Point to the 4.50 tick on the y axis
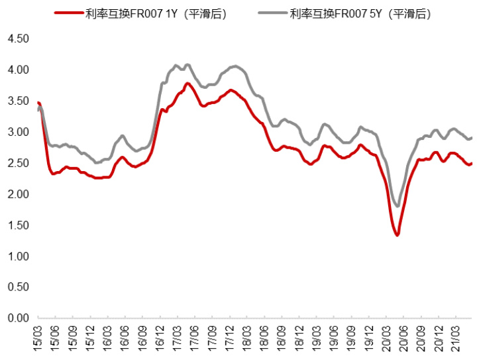pos(18,39)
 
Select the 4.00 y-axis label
pos(18,70)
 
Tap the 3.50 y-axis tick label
pos(18,101)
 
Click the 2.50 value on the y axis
pos(18,163)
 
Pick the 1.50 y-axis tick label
pos(18,225)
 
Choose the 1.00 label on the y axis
pos(18,257)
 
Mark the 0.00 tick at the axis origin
pos(18,319)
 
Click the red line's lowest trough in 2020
pos(397,235)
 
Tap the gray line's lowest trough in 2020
pos(397,206)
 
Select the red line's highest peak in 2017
pos(187,84)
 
